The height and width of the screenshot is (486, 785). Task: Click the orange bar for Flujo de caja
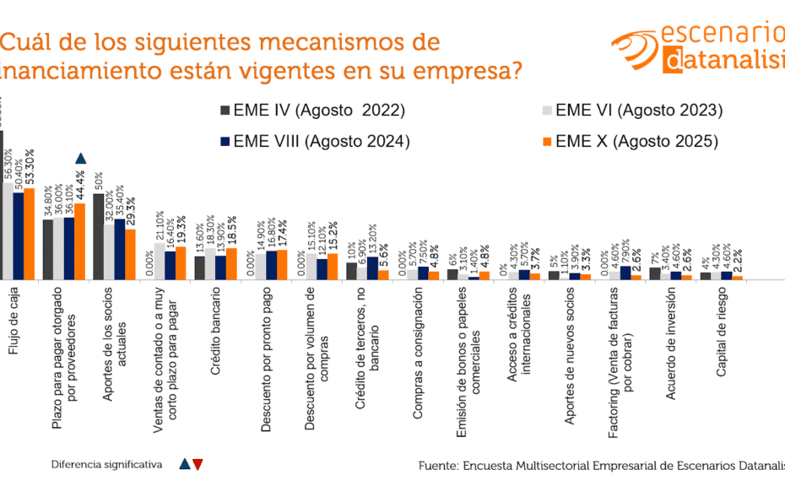pyautogui.click(x=30, y=234)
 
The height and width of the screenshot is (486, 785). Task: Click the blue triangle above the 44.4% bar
pyautogui.click(x=80, y=159)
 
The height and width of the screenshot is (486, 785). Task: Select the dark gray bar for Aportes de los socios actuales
pyautogui.click(x=98, y=236)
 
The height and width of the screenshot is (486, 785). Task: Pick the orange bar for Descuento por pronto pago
pyautogui.click(x=282, y=264)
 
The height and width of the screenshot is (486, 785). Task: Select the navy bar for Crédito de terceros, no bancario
pyautogui.click(x=372, y=268)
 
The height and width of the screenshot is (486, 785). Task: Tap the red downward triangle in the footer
pyautogui.click(x=198, y=463)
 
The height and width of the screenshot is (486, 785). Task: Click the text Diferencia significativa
pyautogui.click(x=106, y=464)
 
